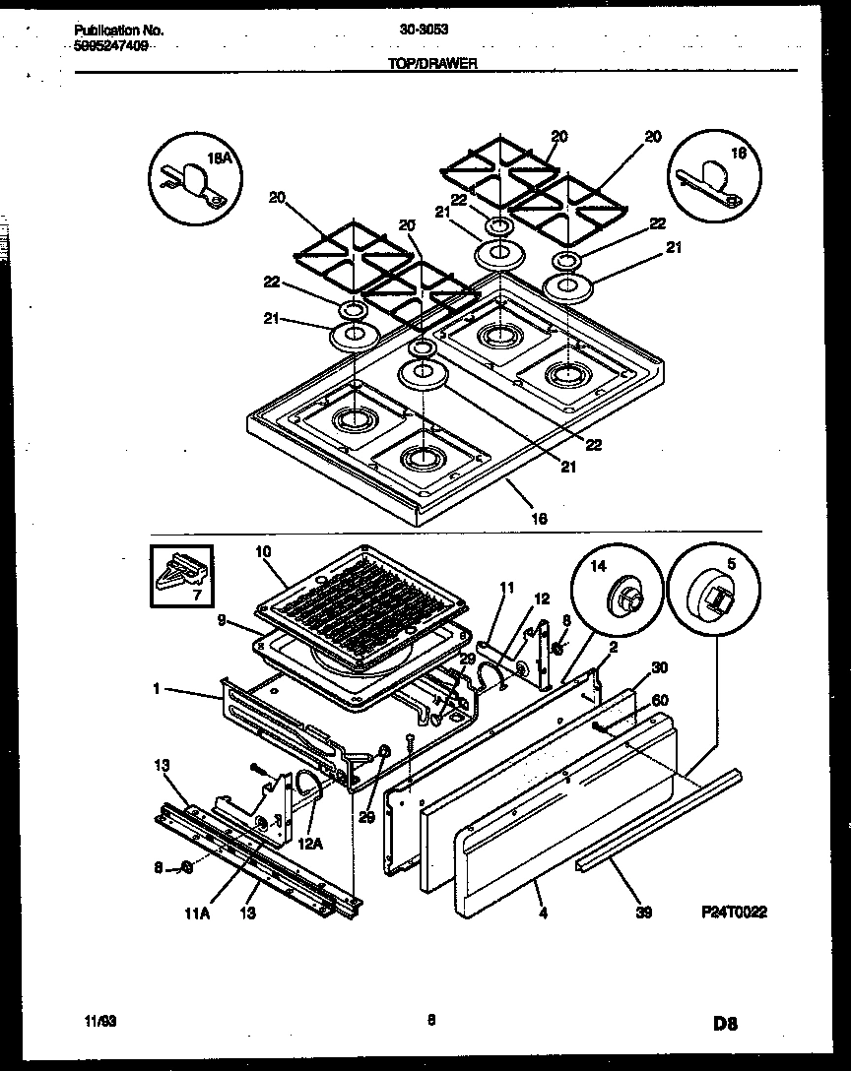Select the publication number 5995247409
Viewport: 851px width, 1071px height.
click(111, 45)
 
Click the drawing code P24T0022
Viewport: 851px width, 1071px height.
click(734, 912)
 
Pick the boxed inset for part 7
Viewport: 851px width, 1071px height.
click(183, 578)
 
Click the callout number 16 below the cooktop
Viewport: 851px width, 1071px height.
click(539, 519)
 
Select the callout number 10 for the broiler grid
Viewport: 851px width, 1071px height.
click(262, 553)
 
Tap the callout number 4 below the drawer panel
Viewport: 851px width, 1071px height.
click(541, 913)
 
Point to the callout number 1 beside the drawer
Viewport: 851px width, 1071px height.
click(156, 689)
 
